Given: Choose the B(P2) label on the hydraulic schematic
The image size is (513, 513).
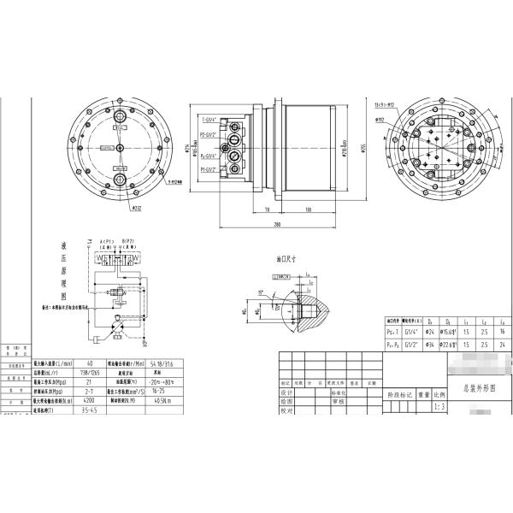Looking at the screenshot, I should coord(130,243).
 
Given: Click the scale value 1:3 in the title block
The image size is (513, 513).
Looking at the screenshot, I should coord(439,408).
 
